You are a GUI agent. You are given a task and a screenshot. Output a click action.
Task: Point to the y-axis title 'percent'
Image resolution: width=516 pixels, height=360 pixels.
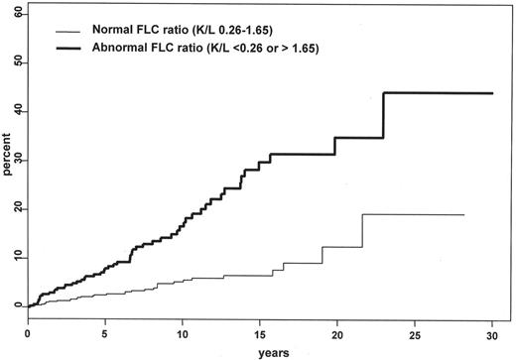[7, 160]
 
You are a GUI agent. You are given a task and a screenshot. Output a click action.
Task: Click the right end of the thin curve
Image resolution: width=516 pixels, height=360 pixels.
[463, 214]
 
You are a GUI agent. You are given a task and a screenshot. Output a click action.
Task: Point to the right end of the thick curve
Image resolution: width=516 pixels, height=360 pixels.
[493, 93]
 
